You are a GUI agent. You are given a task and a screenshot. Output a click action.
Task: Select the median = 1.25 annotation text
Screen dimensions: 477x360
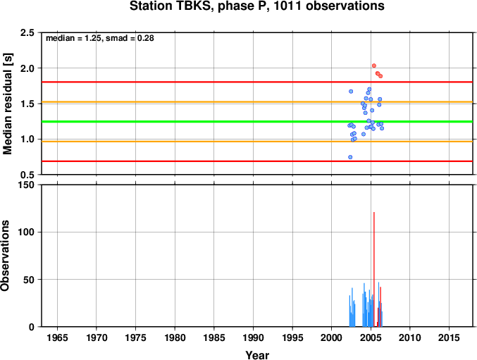pos(73,38)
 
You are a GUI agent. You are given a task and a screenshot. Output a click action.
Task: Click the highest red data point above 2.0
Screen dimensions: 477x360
pos(374,66)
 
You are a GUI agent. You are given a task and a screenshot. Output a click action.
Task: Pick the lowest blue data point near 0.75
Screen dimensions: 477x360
pos(350,157)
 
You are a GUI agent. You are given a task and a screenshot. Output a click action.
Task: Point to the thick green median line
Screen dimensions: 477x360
pos(257,122)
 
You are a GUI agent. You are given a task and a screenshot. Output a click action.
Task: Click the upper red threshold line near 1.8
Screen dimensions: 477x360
pos(257,82)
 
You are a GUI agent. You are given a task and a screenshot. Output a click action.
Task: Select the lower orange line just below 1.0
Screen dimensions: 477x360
pos(257,142)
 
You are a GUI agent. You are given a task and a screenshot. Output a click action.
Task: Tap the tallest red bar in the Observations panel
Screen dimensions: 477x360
pos(374,269)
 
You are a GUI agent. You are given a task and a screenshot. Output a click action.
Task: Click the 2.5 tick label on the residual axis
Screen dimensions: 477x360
pos(27,33)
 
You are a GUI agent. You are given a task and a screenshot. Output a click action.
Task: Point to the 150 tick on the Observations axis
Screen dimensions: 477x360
pos(25,185)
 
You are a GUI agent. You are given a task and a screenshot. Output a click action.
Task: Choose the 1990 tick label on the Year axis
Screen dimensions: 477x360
pos(253,337)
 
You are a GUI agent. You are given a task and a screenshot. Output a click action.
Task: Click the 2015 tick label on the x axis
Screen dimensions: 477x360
pos(449,337)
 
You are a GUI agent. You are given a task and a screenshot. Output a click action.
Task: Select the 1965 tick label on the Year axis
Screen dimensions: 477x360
pos(57,337)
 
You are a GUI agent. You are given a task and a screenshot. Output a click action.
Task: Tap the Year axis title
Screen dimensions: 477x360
pos(257,355)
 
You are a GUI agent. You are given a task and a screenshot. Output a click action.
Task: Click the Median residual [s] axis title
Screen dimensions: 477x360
pos(7,104)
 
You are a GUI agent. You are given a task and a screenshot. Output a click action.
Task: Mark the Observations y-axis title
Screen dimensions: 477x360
pos(5,256)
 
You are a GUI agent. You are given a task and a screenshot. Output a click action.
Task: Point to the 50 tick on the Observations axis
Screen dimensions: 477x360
pos(29,280)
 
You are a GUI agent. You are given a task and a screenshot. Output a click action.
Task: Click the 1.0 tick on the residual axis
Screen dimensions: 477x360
pos(27,139)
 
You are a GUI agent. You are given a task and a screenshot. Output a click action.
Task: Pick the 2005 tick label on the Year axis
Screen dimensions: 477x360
pos(371,337)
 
